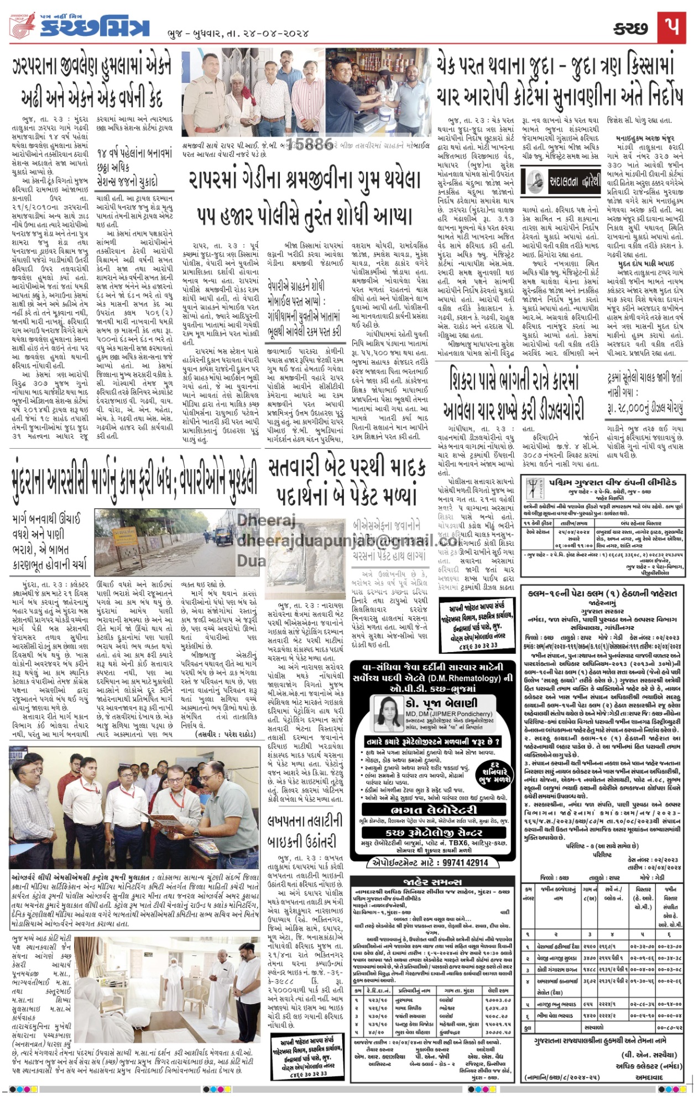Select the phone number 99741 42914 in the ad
click(457, 863)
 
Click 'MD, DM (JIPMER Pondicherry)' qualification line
click(448, 713)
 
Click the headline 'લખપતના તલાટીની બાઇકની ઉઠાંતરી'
click(305, 831)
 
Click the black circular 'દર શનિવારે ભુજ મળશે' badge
click(494, 772)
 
